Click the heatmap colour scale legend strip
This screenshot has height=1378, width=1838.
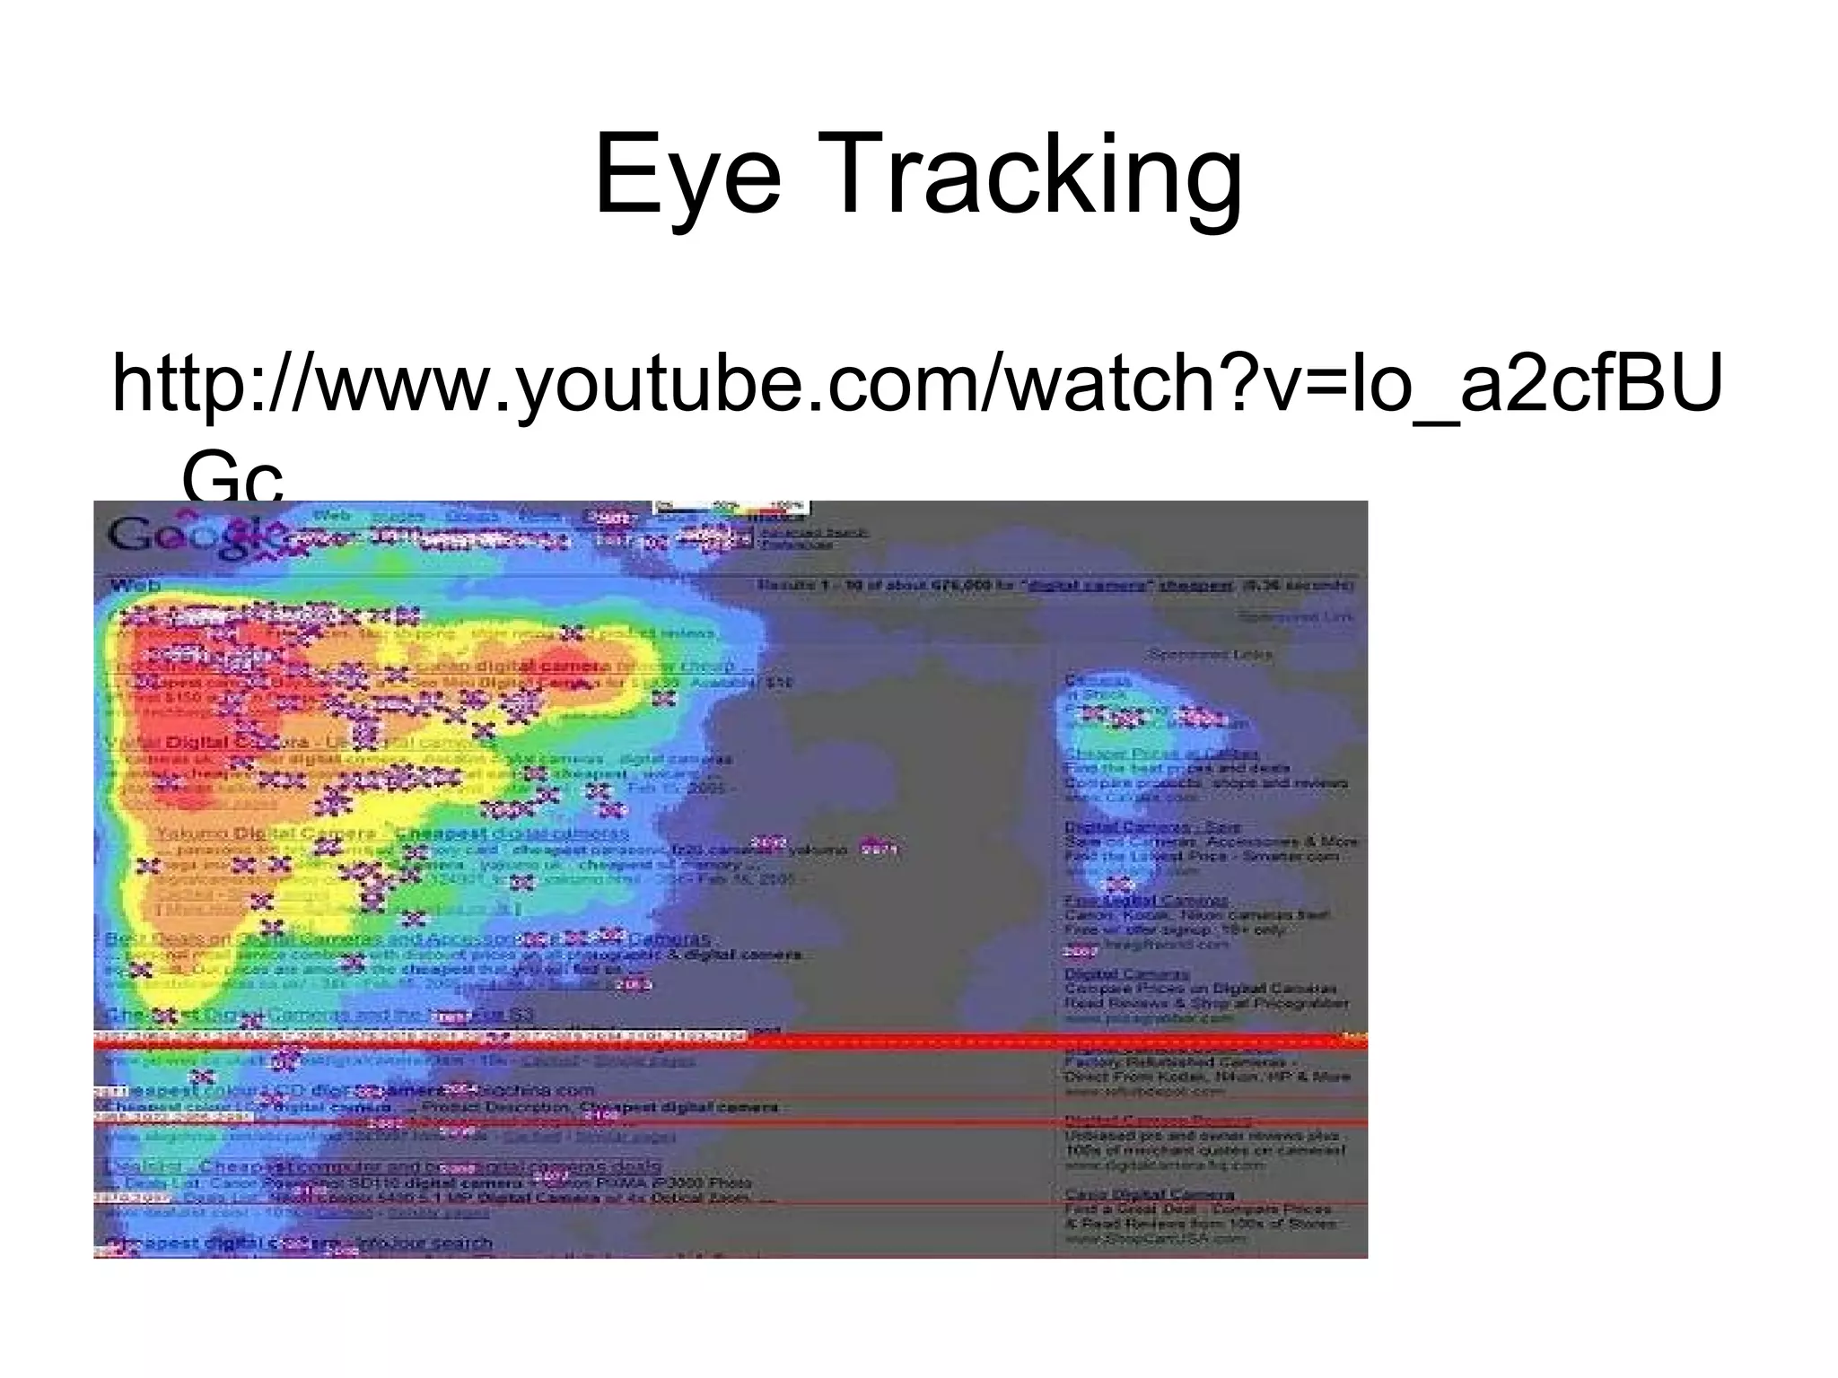pos(731,509)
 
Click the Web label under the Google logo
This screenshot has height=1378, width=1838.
pos(135,586)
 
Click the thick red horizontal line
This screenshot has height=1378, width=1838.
pos(731,1042)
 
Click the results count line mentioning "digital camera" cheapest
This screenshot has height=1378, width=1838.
pos(1055,585)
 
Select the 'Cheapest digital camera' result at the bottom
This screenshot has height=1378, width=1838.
pos(298,1243)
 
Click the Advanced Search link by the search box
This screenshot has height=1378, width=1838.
pos(815,532)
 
